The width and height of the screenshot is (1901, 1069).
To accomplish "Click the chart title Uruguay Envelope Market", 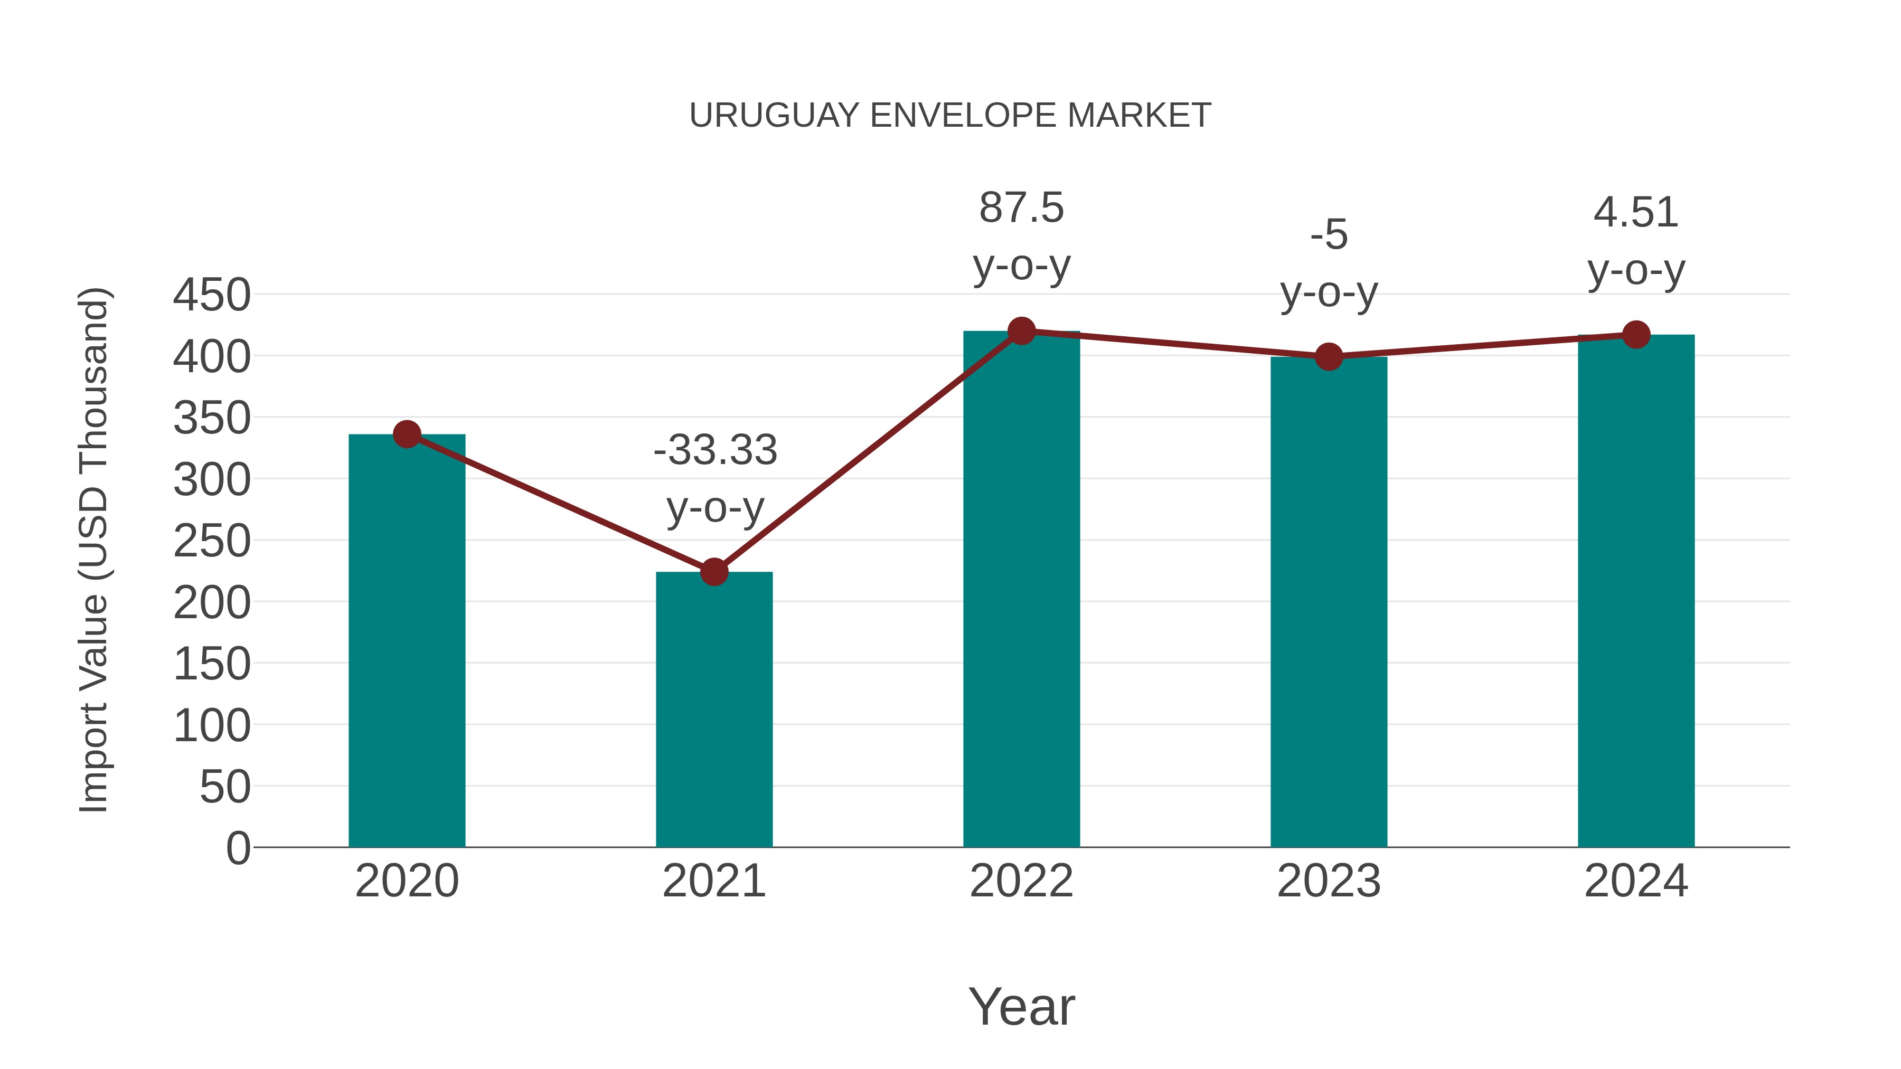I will (950, 116).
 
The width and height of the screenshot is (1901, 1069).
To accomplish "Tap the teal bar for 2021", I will (713, 709).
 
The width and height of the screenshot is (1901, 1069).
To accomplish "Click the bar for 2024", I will (1636, 590).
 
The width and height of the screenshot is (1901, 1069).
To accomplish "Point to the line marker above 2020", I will (407, 434).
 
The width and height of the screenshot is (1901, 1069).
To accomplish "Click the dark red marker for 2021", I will (713, 572).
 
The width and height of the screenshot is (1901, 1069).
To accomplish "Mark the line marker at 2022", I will (1021, 331).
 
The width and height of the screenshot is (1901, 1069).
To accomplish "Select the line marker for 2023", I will (1329, 357).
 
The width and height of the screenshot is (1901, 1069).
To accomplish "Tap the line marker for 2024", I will (1636, 335).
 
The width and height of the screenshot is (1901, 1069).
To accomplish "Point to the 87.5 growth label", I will (1021, 208).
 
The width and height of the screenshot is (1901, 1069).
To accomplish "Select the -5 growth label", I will (1329, 235).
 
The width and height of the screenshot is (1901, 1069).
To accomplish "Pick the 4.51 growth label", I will (1636, 213).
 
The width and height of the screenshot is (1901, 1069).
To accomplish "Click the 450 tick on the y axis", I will (212, 295).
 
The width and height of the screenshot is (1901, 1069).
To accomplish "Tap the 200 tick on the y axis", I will (212, 603).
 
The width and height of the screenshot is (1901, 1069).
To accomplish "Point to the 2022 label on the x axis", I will (1021, 881).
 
